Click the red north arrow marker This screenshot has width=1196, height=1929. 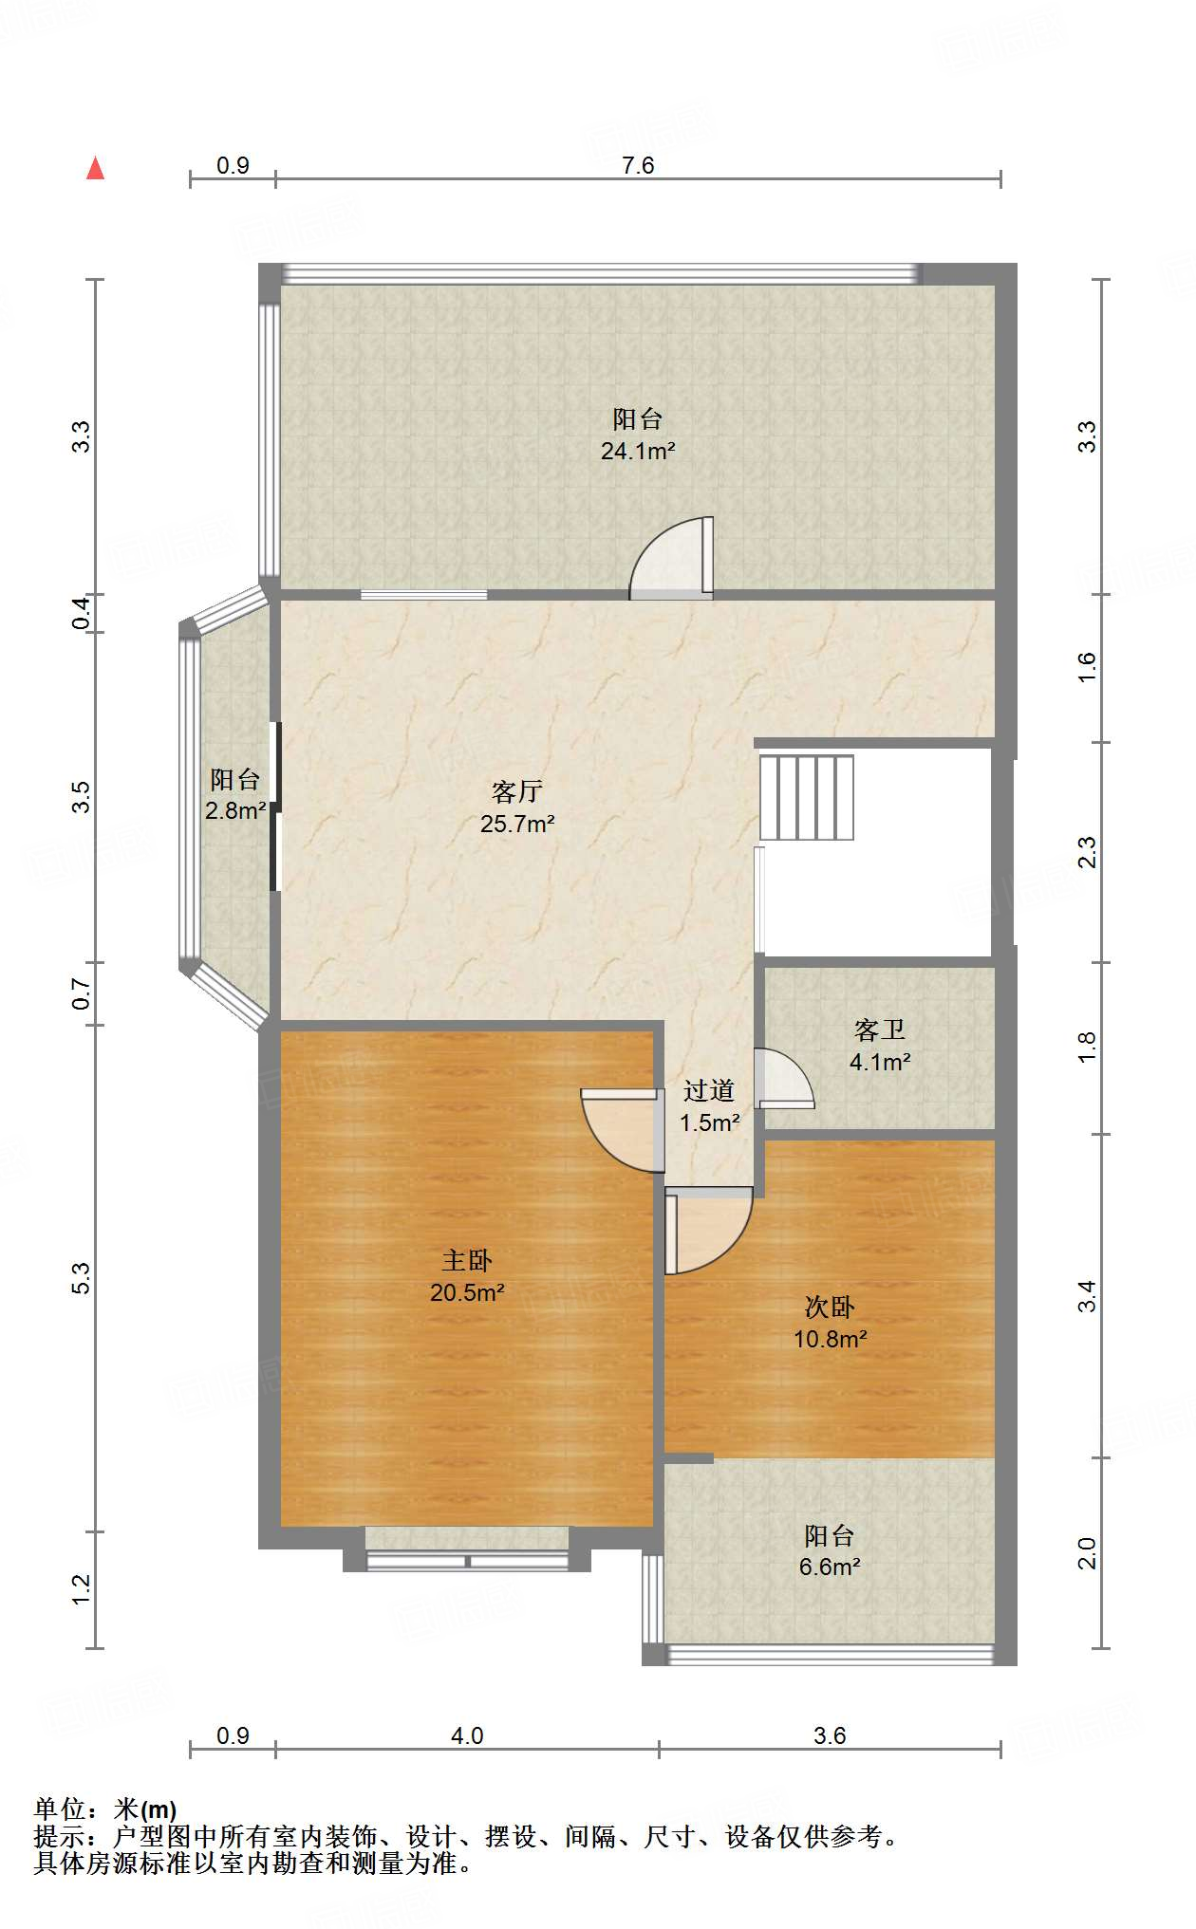click(95, 168)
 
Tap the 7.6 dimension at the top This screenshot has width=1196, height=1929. click(638, 165)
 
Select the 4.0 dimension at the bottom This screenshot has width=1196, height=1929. click(467, 1735)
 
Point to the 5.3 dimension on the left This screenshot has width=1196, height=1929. click(82, 1278)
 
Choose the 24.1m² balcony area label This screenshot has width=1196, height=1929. click(638, 451)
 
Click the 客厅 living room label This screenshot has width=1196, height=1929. click(517, 790)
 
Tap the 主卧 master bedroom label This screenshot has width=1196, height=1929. click(467, 1260)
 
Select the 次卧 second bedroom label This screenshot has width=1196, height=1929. click(830, 1307)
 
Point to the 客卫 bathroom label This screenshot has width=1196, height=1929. click(880, 1029)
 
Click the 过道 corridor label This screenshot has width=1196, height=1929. click(709, 1090)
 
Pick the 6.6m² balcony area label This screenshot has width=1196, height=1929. click(830, 1567)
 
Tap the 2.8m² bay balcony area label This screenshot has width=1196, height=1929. click(235, 811)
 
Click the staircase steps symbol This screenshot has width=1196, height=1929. click(807, 797)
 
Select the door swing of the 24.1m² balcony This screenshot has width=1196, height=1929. click(672, 558)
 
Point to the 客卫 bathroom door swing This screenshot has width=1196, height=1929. click(784, 1078)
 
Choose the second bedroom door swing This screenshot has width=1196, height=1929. click(709, 1230)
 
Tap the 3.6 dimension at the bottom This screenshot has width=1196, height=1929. click(830, 1735)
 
